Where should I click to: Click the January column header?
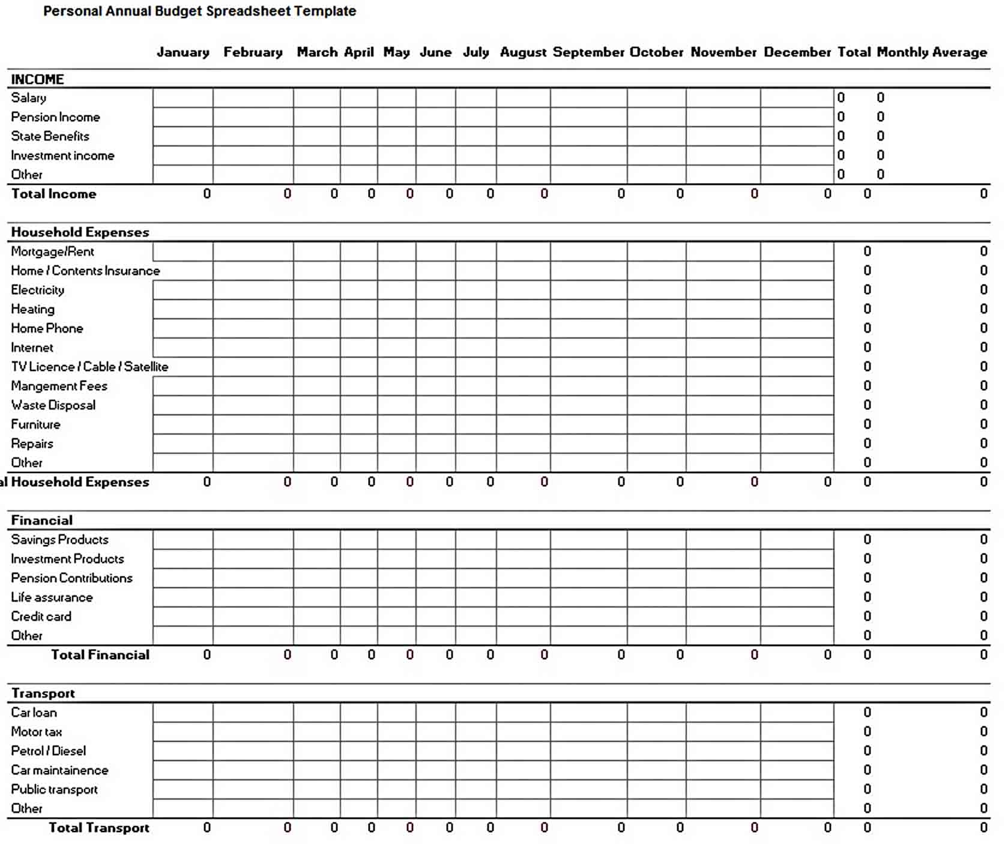pyautogui.click(x=183, y=52)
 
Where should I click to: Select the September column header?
pyautogui.click(x=588, y=52)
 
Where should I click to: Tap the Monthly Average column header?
pyautogui.click(x=932, y=52)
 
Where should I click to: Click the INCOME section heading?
pyautogui.click(x=37, y=79)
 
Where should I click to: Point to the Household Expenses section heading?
pyautogui.click(x=80, y=232)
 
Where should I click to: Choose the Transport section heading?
pyautogui.click(x=43, y=693)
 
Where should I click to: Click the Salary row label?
pyautogui.click(x=29, y=98)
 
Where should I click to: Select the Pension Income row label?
pyautogui.click(x=55, y=117)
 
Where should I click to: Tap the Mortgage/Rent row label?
pyautogui.click(x=52, y=252)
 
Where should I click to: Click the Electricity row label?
pyautogui.click(x=37, y=290)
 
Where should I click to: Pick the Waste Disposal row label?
pyautogui.click(x=53, y=405)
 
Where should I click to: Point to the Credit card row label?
pyautogui.click(x=41, y=616)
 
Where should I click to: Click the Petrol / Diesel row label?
pyautogui.click(x=48, y=751)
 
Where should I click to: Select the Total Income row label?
pyautogui.click(x=53, y=194)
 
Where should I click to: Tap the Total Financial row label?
pyautogui.click(x=100, y=655)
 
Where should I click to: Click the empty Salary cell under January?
pyautogui.click(x=183, y=98)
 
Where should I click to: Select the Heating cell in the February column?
pyautogui.click(x=253, y=309)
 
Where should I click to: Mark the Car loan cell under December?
pyautogui.click(x=797, y=713)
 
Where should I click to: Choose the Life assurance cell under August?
pyautogui.click(x=523, y=597)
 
